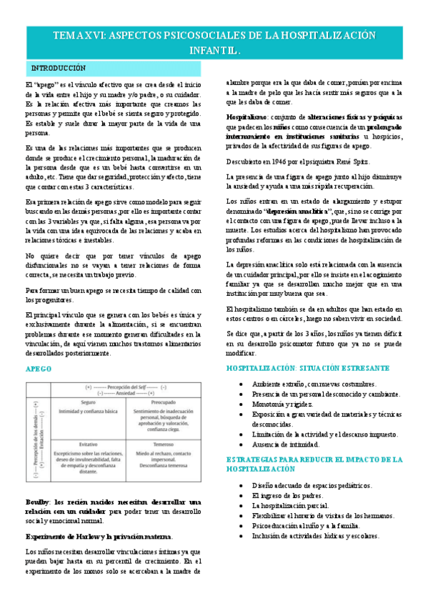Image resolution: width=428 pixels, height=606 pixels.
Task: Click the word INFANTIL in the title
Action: (x=214, y=51)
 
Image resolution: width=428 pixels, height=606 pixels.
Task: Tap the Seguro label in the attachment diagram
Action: (x=89, y=402)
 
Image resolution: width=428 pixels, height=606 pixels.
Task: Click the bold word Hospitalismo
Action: (x=247, y=115)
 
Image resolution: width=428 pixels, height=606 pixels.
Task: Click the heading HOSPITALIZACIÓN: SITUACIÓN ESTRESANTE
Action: (x=307, y=368)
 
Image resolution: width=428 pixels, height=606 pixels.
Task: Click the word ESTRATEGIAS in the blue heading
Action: (x=256, y=459)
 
